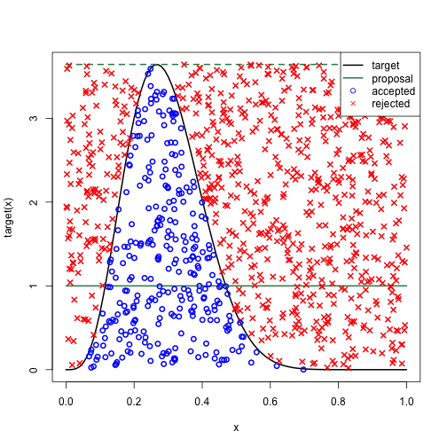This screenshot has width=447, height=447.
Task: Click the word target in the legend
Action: (386, 66)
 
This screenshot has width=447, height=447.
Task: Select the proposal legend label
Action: (391, 78)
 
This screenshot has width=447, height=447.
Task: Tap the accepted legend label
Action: (393, 91)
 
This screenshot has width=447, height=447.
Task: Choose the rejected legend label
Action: (391, 104)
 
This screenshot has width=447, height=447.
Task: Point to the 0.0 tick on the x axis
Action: (66, 402)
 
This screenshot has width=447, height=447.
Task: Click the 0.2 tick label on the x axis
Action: (134, 402)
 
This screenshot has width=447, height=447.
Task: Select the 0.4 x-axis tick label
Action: (202, 402)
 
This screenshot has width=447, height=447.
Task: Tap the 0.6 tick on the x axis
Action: (271, 402)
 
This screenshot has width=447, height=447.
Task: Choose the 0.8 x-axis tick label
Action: (339, 402)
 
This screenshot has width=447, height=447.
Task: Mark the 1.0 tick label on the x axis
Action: (407, 402)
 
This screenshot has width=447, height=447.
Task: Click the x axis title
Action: (236, 427)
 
